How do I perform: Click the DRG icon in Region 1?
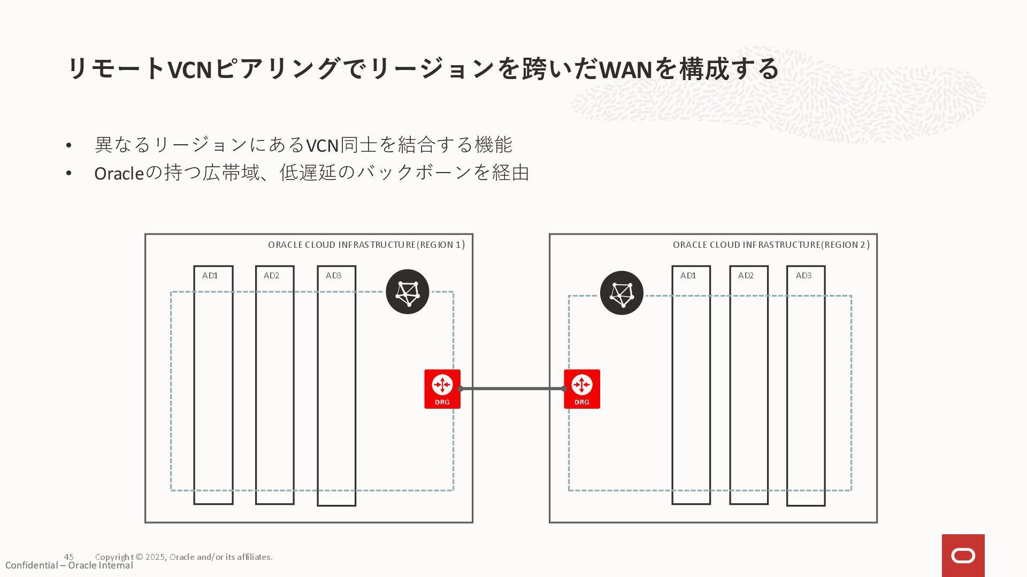[442, 388]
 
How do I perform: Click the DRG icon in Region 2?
[581, 388]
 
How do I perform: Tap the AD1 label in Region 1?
[210, 276]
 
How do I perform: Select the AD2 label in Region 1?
[271, 276]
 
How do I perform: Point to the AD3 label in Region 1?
[333, 276]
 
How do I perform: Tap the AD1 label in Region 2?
[688, 276]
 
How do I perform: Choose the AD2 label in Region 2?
[746, 276]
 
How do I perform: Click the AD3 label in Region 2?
[803, 276]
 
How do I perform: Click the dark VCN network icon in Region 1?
[407, 292]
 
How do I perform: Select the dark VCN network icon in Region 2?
[621, 293]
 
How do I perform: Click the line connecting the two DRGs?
[512, 388]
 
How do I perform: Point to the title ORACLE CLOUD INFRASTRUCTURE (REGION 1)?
[366, 245]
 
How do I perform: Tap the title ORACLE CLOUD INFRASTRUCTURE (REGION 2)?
[771, 245]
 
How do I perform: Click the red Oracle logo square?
[963, 556]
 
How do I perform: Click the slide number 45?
[68, 557]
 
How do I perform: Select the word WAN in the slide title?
[625, 69]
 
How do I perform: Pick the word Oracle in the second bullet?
[119, 173]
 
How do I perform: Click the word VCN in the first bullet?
[322, 145]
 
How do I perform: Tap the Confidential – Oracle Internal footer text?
[69, 566]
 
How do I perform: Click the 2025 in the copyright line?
[155, 557]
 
